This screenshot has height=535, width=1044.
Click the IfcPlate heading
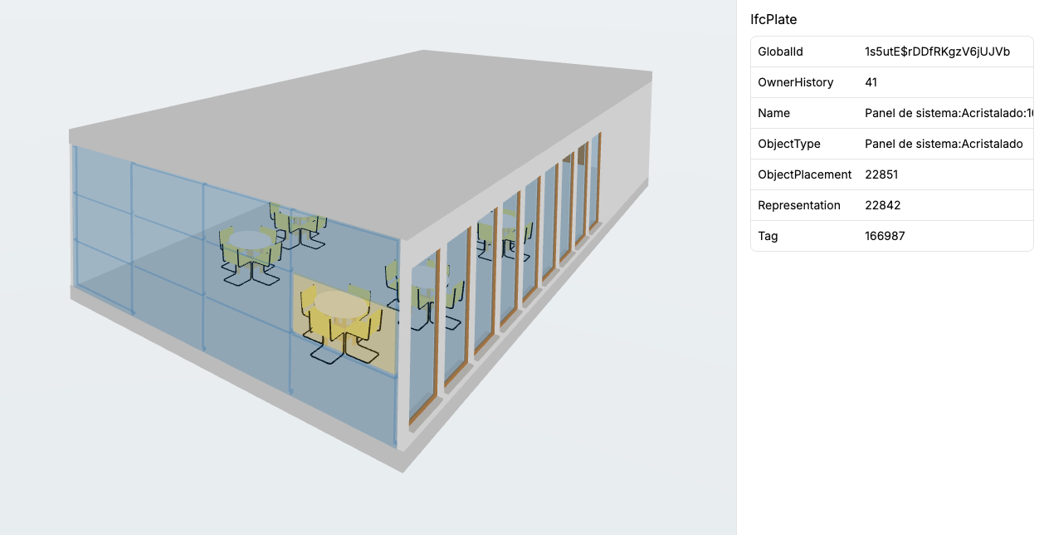773,19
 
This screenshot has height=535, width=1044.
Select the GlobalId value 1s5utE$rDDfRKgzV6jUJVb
937,52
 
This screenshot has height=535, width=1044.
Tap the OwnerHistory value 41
871,82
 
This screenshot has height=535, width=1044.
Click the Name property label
773,113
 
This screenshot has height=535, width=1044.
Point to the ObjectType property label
788,144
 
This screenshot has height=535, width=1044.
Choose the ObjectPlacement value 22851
881,174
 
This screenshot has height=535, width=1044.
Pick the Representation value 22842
881,205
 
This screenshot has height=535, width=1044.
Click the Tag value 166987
885,236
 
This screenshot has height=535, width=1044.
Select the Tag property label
768,236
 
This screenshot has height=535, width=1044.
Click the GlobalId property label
780,52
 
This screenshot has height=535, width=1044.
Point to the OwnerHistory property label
795,82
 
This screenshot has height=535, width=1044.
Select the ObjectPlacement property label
804,174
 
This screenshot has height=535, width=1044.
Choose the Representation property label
798,205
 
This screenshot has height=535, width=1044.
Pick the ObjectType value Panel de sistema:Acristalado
943,144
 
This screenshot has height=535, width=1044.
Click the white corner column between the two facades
404,341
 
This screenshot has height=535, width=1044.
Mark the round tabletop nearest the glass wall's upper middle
250,239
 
